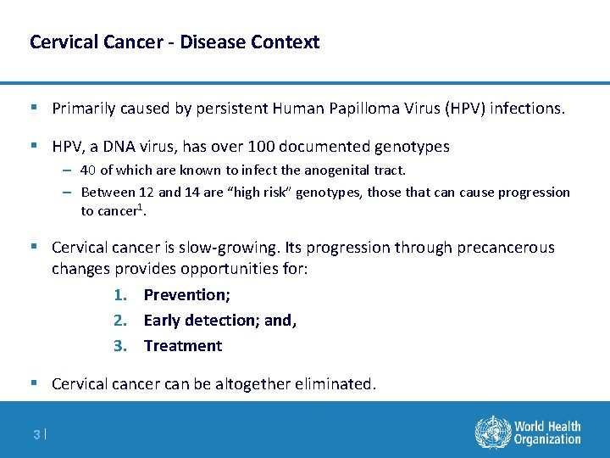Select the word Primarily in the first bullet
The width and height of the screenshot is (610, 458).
tap(86, 109)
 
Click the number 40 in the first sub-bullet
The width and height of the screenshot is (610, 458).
tap(89, 170)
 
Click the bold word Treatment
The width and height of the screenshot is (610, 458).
tap(183, 346)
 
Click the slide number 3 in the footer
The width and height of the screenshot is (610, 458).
tap(36, 434)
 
